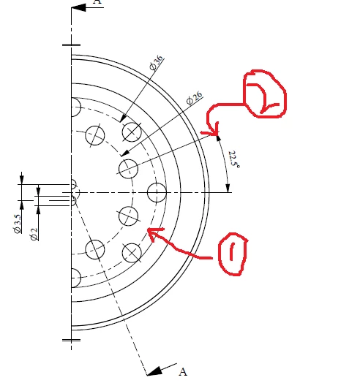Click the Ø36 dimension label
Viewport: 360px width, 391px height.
point(157,63)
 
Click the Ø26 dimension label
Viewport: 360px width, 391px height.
point(194,98)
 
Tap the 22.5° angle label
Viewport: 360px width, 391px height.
point(234,159)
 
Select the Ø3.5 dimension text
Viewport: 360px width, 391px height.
point(18,224)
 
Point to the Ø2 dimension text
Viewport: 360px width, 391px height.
point(34,234)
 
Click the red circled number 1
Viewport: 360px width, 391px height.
point(233,254)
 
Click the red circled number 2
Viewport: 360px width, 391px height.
point(265,94)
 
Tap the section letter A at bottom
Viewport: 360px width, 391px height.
point(183,372)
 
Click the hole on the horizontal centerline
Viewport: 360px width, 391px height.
point(157,192)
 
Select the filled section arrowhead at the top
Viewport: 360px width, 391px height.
point(78,7)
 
